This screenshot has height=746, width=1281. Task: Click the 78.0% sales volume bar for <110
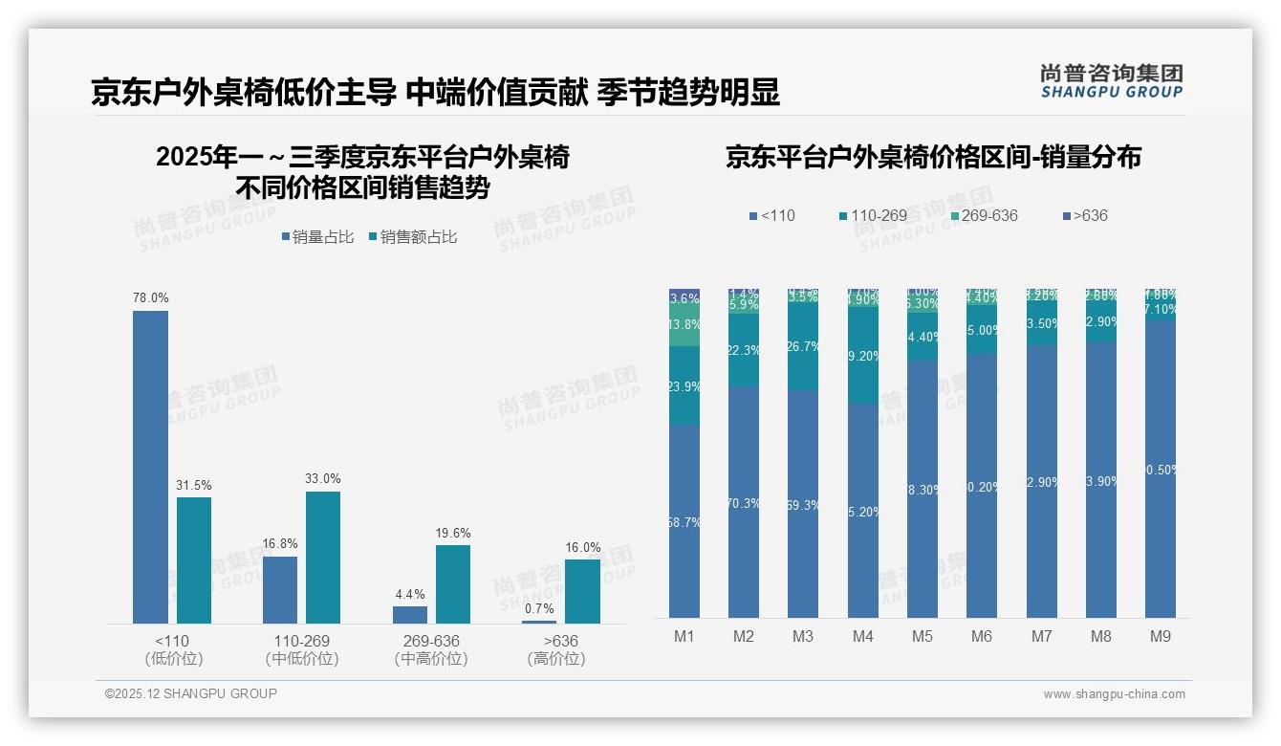click(x=150, y=467)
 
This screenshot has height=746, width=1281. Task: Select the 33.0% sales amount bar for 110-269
click(x=323, y=558)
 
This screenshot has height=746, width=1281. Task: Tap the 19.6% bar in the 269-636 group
click(x=453, y=584)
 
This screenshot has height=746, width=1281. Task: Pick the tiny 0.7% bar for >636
click(x=539, y=622)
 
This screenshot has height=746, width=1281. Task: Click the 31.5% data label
click(x=193, y=485)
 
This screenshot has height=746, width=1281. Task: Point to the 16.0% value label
click(x=582, y=547)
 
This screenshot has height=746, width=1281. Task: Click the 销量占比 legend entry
click(x=317, y=237)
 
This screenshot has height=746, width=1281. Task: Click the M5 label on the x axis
click(x=923, y=636)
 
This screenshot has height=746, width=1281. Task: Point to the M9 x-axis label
click(x=1160, y=636)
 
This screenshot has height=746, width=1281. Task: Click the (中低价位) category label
click(x=302, y=659)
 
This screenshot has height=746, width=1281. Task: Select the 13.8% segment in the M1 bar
click(x=684, y=324)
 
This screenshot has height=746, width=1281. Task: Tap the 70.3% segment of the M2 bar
click(x=744, y=502)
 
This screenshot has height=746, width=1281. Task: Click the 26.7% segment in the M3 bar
click(x=803, y=346)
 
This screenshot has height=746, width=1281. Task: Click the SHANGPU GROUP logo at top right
click(x=1111, y=81)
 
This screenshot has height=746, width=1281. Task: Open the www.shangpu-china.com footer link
click(x=1114, y=694)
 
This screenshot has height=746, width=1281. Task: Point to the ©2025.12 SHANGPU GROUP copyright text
click(x=191, y=693)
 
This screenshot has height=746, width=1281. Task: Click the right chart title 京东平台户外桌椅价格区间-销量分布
click(x=933, y=157)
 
